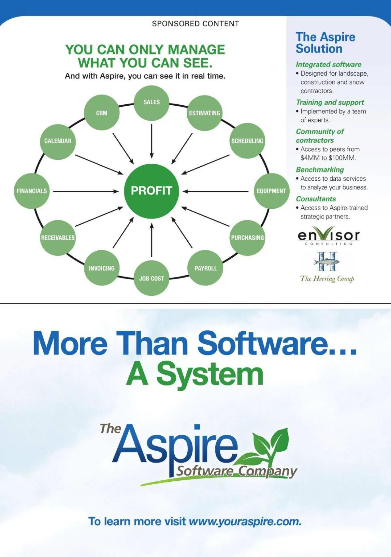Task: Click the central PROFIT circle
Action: pyautogui.click(x=152, y=191)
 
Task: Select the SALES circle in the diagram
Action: pyautogui.click(x=152, y=103)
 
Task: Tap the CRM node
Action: pyautogui.click(x=102, y=113)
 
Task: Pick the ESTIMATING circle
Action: pyautogui.click(x=204, y=113)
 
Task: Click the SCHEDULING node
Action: pyautogui.click(x=247, y=141)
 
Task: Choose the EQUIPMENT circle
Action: pyautogui.click(x=271, y=191)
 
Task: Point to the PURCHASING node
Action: pyautogui.click(x=247, y=238)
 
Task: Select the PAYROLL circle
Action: pyautogui.click(x=205, y=268)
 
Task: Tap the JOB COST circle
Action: pyautogui.click(x=152, y=278)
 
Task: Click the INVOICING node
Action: pyautogui.click(x=102, y=268)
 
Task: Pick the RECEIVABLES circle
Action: pyautogui.click(x=58, y=238)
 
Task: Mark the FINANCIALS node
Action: pyautogui.click(x=32, y=191)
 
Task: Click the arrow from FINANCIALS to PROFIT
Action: pyautogui.click(x=86, y=191)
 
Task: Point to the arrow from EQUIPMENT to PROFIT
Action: pyautogui.click(x=216, y=191)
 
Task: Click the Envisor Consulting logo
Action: pyautogui.click(x=328, y=235)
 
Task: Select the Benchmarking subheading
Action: pyautogui.click(x=320, y=170)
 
